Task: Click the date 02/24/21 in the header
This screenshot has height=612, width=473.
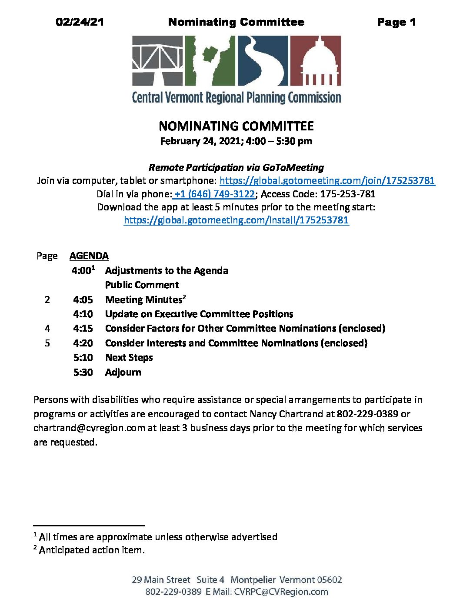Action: [x=80, y=22]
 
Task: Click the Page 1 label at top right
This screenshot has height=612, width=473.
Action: [x=396, y=22]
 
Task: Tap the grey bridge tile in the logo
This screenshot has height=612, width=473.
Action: [x=157, y=60]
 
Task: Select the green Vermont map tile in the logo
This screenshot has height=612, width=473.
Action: [x=210, y=60]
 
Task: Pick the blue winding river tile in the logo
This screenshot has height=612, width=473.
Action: [x=263, y=60]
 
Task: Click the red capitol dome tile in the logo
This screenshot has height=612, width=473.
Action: [x=315, y=60]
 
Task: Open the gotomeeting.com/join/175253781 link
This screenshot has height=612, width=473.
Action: [x=327, y=181]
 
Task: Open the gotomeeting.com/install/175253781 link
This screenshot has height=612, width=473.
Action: [x=236, y=220]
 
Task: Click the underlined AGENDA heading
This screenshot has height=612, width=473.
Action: [x=89, y=256]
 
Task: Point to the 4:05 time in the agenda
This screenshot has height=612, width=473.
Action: [x=83, y=300]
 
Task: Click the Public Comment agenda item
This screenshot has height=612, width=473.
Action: [x=142, y=285]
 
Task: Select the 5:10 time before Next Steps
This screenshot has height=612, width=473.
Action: [x=83, y=358]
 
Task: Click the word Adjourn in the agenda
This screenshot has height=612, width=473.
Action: [x=123, y=373]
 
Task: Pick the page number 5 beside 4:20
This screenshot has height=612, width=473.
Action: [x=47, y=343]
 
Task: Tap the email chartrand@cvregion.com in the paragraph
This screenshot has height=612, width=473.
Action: [x=89, y=428]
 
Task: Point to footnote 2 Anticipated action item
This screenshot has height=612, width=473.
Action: [x=91, y=550]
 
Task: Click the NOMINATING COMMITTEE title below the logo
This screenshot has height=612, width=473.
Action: [x=236, y=126]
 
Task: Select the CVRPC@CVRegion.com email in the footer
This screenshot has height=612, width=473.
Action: [x=281, y=592]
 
